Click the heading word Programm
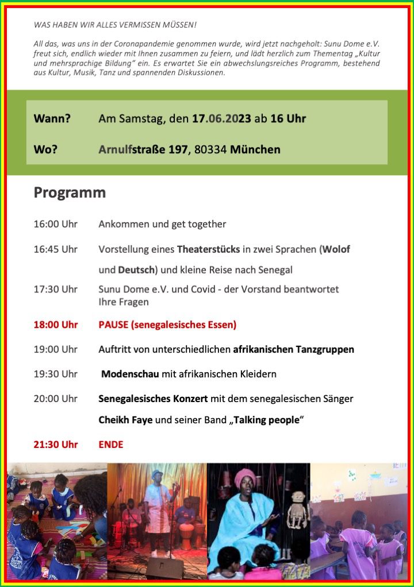pyautogui.click(x=70, y=192)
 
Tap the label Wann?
pyautogui.click(x=52, y=119)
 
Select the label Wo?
pyautogui.click(x=45, y=150)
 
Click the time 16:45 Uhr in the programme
pyautogui.click(x=55, y=249)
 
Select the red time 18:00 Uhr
pyautogui.click(x=55, y=325)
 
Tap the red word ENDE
pyautogui.click(x=111, y=444)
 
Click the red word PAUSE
pyautogui.click(x=113, y=325)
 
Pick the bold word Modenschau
pyautogui.click(x=130, y=374)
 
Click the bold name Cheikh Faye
pyautogui.click(x=125, y=420)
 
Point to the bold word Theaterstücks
pyautogui.click(x=208, y=249)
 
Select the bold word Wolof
pyautogui.click(x=336, y=249)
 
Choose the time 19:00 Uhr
pyautogui.click(x=55, y=349)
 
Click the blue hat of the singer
pyautogui.click(x=156, y=474)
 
